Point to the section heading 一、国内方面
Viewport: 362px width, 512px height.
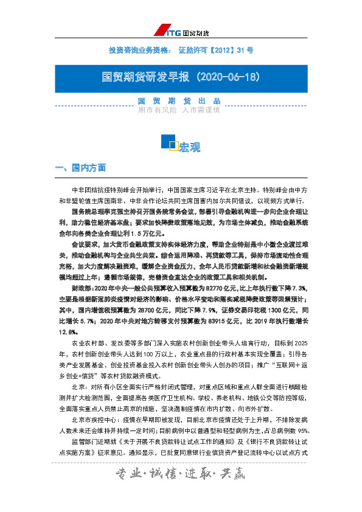(80, 167)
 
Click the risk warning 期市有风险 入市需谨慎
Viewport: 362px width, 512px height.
(179, 111)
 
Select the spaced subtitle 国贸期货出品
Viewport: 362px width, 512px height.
(179, 101)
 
